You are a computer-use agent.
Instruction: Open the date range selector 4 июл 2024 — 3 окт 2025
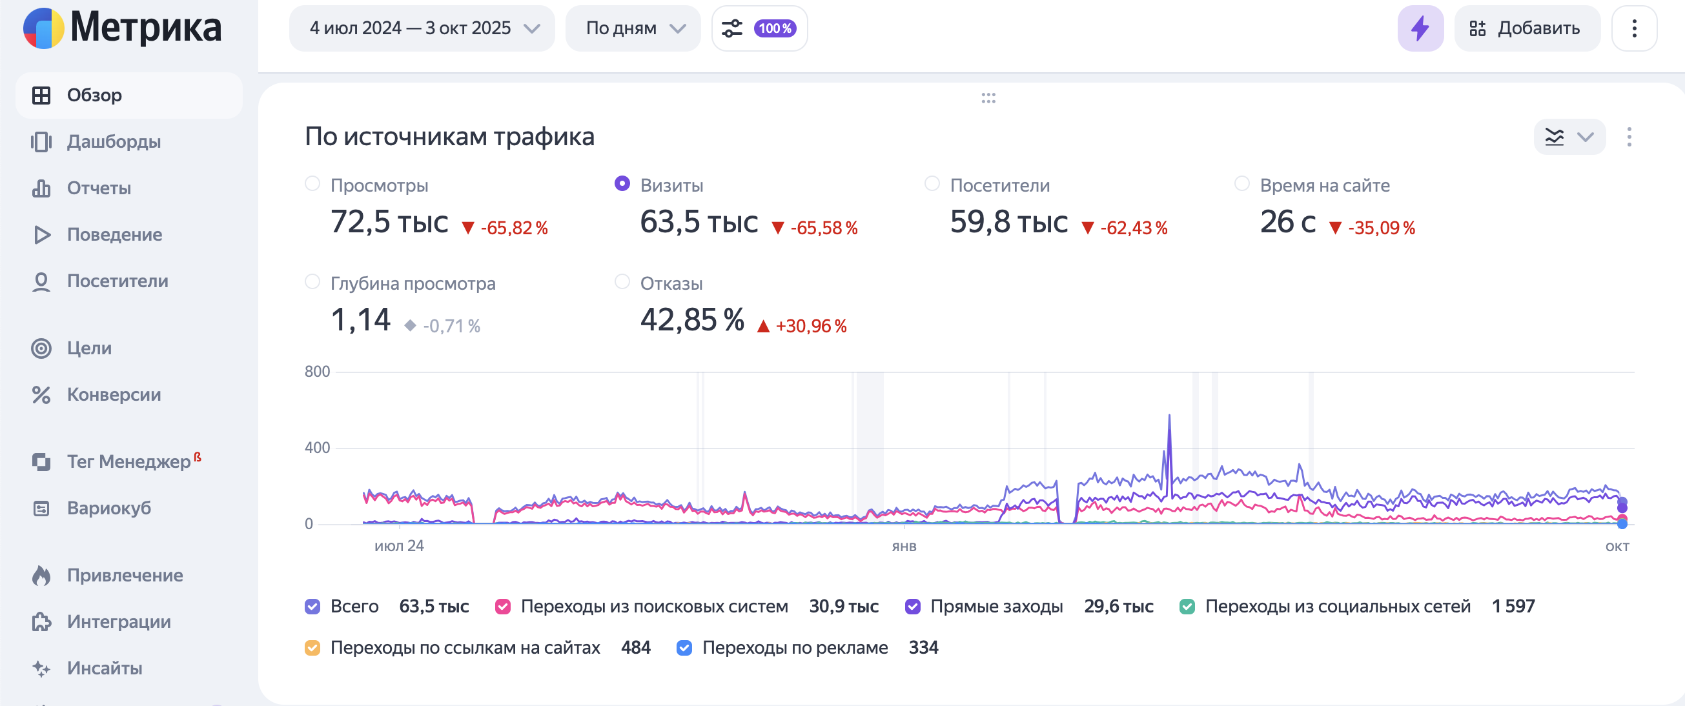tap(422, 28)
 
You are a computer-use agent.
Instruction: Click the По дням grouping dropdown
tap(633, 28)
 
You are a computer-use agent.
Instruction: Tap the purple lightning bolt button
tap(1420, 28)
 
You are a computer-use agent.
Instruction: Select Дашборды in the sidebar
tap(113, 142)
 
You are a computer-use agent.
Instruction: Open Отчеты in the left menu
tap(99, 188)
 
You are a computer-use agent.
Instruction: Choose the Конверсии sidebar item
tap(113, 395)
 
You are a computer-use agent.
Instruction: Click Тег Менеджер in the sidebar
tap(128, 461)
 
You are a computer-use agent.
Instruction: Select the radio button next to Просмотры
tap(312, 185)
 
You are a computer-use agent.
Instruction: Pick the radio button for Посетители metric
tap(932, 185)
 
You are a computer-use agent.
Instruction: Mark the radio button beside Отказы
tap(622, 282)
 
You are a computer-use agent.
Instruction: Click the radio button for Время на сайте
tap(1241, 185)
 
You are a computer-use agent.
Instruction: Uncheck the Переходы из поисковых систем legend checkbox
tap(503, 607)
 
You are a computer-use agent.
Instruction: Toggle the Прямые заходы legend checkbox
tap(912, 607)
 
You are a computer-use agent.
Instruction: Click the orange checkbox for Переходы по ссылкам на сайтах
tap(312, 648)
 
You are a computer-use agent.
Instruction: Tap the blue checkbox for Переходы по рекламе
tap(684, 648)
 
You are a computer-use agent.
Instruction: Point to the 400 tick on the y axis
tap(317, 448)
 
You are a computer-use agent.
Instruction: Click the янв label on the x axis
tap(904, 547)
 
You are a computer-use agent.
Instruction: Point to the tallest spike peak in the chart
tap(1169, 416)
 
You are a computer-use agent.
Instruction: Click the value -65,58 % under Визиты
tap(824, 228)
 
